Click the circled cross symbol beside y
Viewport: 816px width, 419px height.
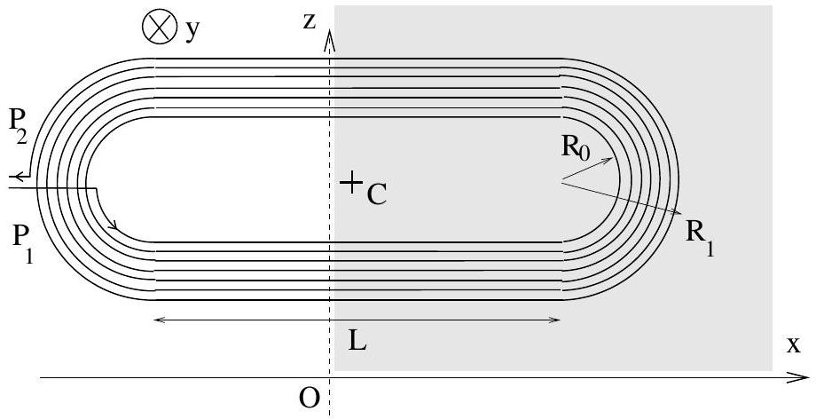coord(158,27)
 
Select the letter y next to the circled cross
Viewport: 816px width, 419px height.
coord(192,31)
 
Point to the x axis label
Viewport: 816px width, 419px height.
coord(793,344)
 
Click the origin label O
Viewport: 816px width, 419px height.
coord(310,399)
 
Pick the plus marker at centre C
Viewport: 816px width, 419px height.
coord(351,182)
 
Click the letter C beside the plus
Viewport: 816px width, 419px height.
coord(377,194)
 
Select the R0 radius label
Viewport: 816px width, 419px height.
coord(577,147)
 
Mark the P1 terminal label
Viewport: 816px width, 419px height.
coord(22,246)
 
